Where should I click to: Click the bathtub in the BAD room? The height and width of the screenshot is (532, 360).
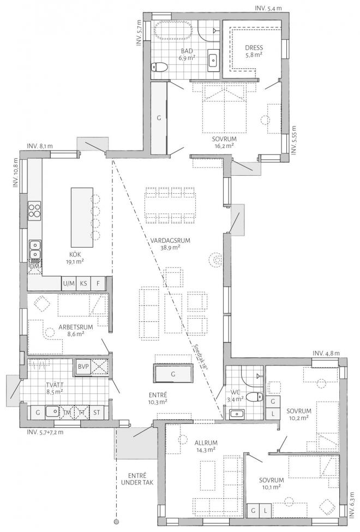pos(174,31)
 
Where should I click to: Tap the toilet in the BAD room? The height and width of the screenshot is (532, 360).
pos(159,67)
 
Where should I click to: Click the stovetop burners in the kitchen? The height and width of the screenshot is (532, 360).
pos(34,210)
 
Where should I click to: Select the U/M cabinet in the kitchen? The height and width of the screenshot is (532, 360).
pos(68,283)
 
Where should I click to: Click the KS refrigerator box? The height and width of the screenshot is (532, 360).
pos(83,283)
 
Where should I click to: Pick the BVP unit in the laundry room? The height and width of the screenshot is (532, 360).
pos(83,366)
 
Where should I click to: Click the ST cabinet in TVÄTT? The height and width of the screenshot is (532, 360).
pos(97,412)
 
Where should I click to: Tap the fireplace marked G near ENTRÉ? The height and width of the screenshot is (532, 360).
pos(173,375)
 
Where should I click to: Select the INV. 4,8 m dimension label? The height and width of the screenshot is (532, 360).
pos(326,354)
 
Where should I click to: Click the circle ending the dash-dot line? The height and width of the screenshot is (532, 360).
pos(116,520)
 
